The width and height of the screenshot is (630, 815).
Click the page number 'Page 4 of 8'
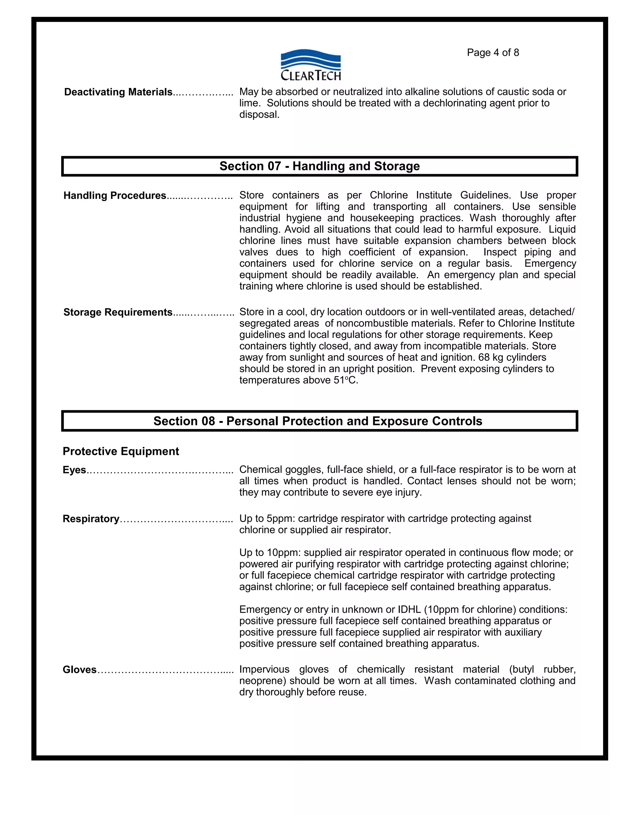point(493,53)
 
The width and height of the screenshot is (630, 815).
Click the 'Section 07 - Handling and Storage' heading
point(320,166)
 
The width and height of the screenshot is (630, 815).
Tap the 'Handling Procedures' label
point(114,196)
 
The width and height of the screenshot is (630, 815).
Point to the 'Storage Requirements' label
point(118,312)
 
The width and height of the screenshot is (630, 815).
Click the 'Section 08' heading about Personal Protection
point(317,421)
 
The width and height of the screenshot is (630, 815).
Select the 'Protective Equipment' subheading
point(121,451)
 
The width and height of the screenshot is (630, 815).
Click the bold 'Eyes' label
point(74,470)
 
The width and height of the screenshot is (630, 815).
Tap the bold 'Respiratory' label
point(91,519)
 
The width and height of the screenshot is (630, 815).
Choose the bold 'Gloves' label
point(79,670)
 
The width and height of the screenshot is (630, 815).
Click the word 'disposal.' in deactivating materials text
point(259,115)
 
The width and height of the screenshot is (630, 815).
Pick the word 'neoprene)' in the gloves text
point(263,681)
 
